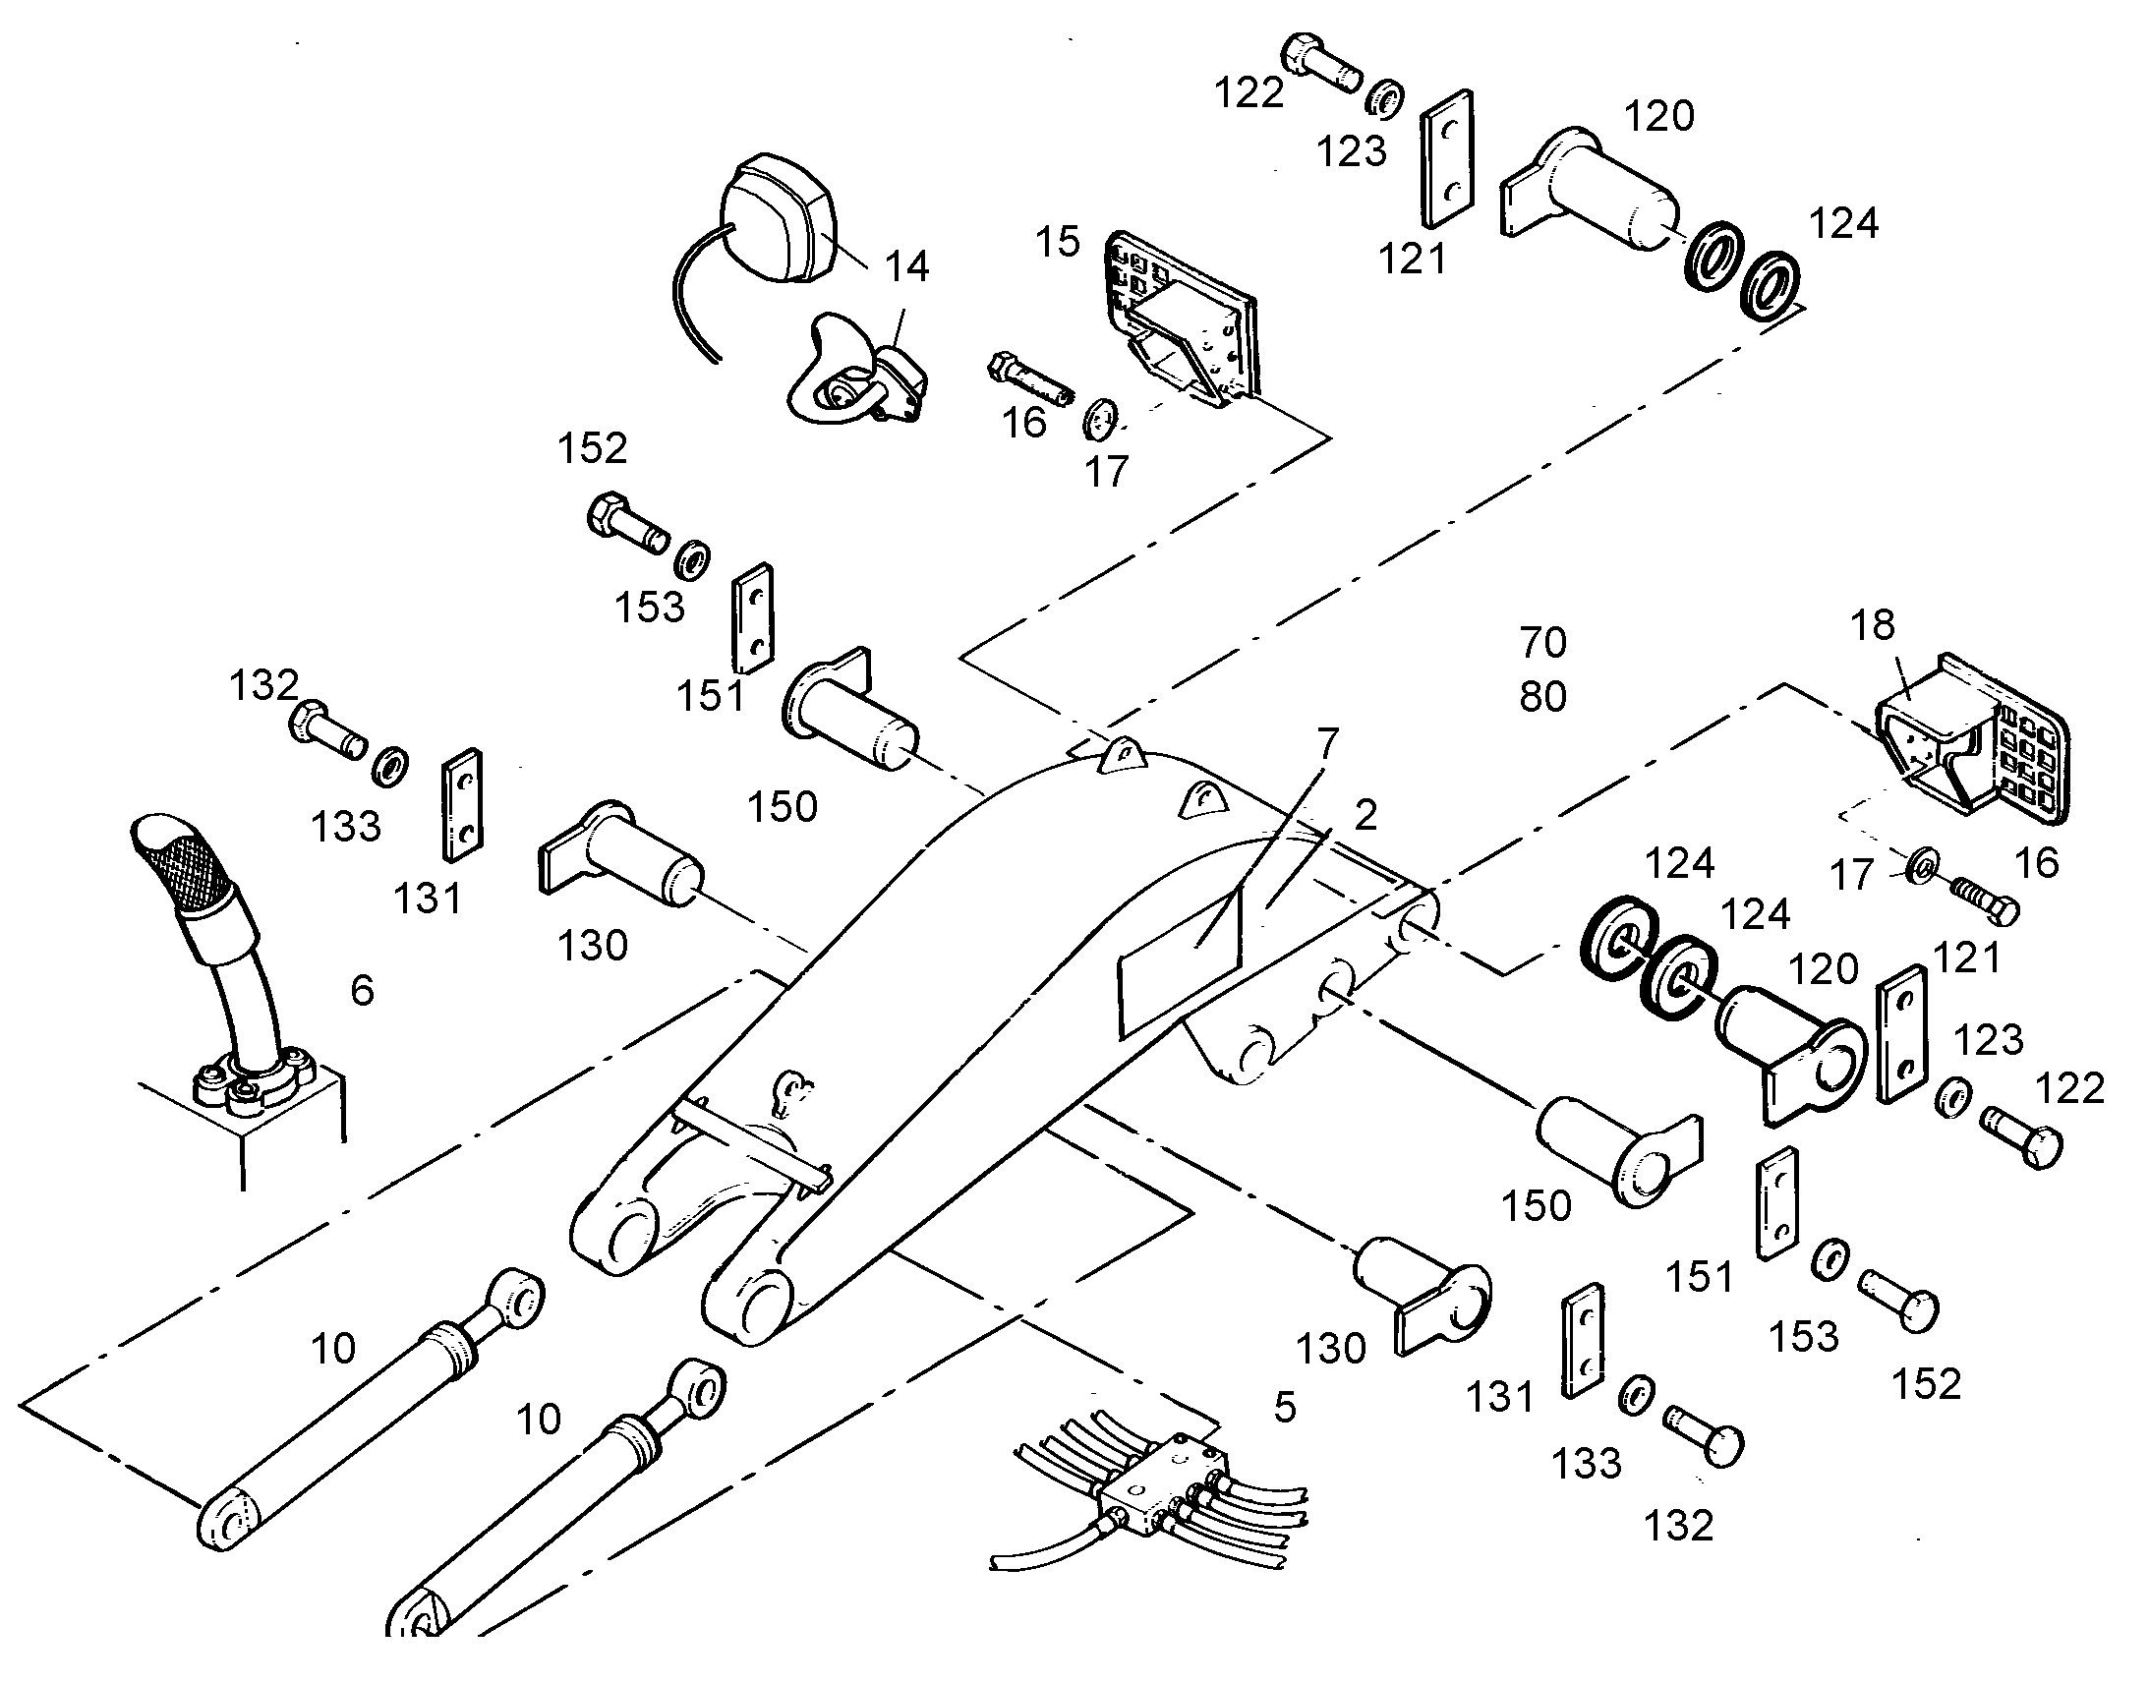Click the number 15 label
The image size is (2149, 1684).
click(1058, 242)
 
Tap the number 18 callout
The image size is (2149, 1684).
click(1873, 625)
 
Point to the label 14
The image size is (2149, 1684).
click(906, 267)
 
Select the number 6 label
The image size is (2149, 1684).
click(363, 990)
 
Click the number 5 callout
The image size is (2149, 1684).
click(1285, 1408)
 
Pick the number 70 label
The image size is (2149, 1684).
click(1542, 643)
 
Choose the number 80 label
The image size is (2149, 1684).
click(1542, 697)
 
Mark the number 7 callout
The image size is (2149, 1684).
click(1328, 743)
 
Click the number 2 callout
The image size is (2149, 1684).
click(1365, 815)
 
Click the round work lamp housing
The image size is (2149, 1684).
click(779, 219)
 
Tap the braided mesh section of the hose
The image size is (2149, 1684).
click(185, 852)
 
